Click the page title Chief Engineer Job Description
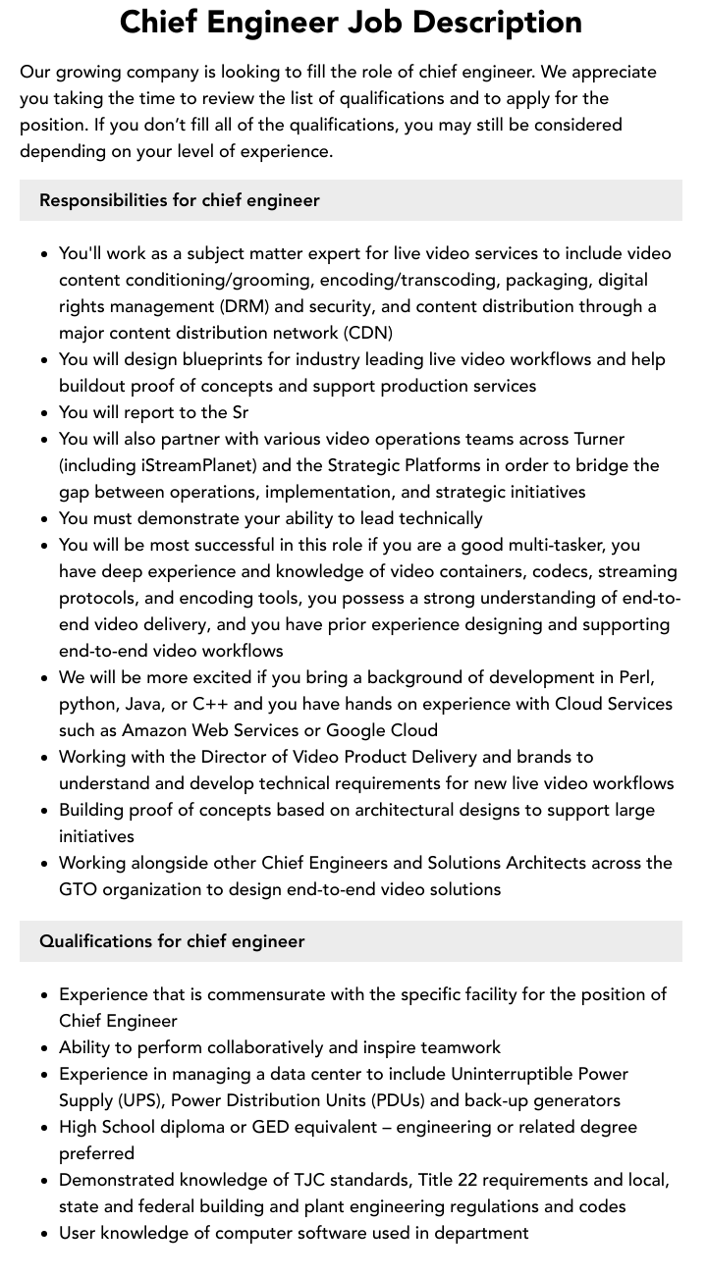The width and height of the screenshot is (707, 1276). [x=351, y=23]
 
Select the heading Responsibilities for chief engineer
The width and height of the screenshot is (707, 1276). [x=180, y=200]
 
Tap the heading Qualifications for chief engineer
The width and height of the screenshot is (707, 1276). [x=172, y=941]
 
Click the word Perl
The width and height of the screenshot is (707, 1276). [x=635, y=677]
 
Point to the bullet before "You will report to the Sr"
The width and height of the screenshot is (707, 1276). [x=44, y=413]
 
